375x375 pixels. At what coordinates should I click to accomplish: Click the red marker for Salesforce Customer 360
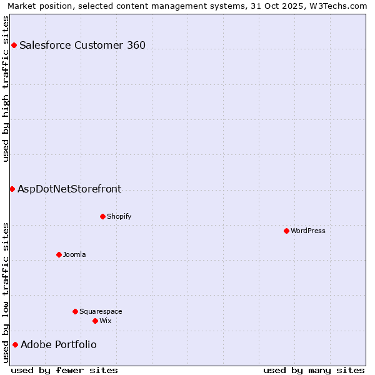[x=14, y=45]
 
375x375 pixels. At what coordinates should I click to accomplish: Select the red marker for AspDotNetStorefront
[x=12, y=189]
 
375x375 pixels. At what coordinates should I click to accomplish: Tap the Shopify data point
[x=102, y=216]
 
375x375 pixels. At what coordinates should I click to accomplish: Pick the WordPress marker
[x=286, y=231]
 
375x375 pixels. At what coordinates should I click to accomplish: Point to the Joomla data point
[x=59, y=254]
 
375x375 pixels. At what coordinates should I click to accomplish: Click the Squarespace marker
[x=75, y=311]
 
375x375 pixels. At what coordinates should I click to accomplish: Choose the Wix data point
[x=95, y=321]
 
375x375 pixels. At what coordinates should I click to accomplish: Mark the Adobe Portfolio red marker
[x=15, y=344]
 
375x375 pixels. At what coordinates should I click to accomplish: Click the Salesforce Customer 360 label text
[x=82, y=45]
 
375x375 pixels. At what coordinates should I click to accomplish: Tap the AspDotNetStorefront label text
[x=69, y=189]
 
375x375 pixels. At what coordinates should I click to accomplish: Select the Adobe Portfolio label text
[x=59, y=344]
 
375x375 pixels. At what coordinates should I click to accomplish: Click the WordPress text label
[x=308, y=231]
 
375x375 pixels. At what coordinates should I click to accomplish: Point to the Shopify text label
[x=119, y=216]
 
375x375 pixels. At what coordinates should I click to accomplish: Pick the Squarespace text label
[x=101, y=311]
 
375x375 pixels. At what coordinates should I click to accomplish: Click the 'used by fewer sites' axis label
[x=64, y=370]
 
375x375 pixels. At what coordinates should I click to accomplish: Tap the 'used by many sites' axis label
[x=314, y=370]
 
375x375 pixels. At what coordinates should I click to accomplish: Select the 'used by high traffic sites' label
[x=6, y=88]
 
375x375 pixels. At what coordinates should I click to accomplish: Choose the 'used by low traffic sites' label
[x=6, y=292]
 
